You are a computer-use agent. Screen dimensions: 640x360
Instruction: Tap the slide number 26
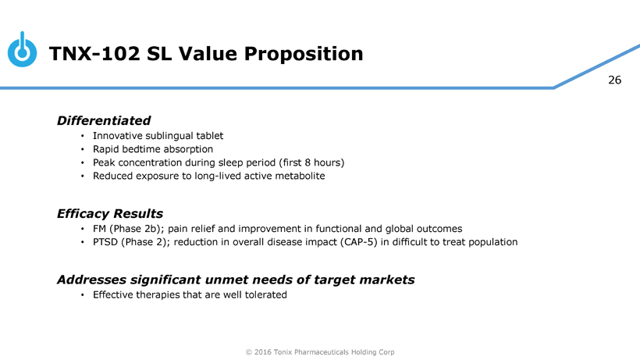pyautogui.click(x=615, y=80)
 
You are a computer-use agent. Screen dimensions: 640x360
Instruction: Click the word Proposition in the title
pyautogui.click(x=304, y=54)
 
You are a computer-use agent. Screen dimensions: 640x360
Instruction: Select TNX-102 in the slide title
pyautogui.click(x=94, y=53)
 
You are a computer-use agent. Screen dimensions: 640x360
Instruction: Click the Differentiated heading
pyautogui.click(x=104, y=120)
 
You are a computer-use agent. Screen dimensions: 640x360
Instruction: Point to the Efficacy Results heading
pyautogui.click(x=110, y=213)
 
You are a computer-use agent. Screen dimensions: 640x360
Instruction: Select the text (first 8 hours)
pyautogui.click(x=312, y=162)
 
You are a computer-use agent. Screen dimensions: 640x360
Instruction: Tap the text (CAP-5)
pyautogui.click(x=359, y=242)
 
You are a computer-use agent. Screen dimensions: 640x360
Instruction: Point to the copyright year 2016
pyautogui.click(x=262, y=352)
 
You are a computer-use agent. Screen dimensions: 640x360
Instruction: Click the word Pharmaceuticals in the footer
pyautogui.click(x=322, y=352)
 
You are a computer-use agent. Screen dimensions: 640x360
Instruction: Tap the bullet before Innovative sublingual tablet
pyautogui.click(x=83, y=136)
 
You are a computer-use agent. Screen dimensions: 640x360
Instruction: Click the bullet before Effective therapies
pyautogui.click(x=83, y=294)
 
